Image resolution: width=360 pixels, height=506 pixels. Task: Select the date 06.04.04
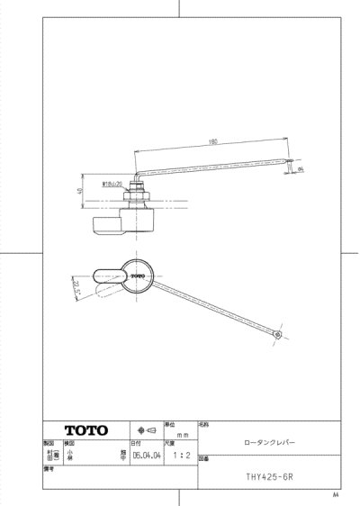[146, 456]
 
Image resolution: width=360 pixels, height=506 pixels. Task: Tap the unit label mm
[179, 433]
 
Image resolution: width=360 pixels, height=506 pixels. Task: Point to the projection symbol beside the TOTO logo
[146, 430]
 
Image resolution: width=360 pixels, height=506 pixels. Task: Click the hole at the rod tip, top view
[278, 335]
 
